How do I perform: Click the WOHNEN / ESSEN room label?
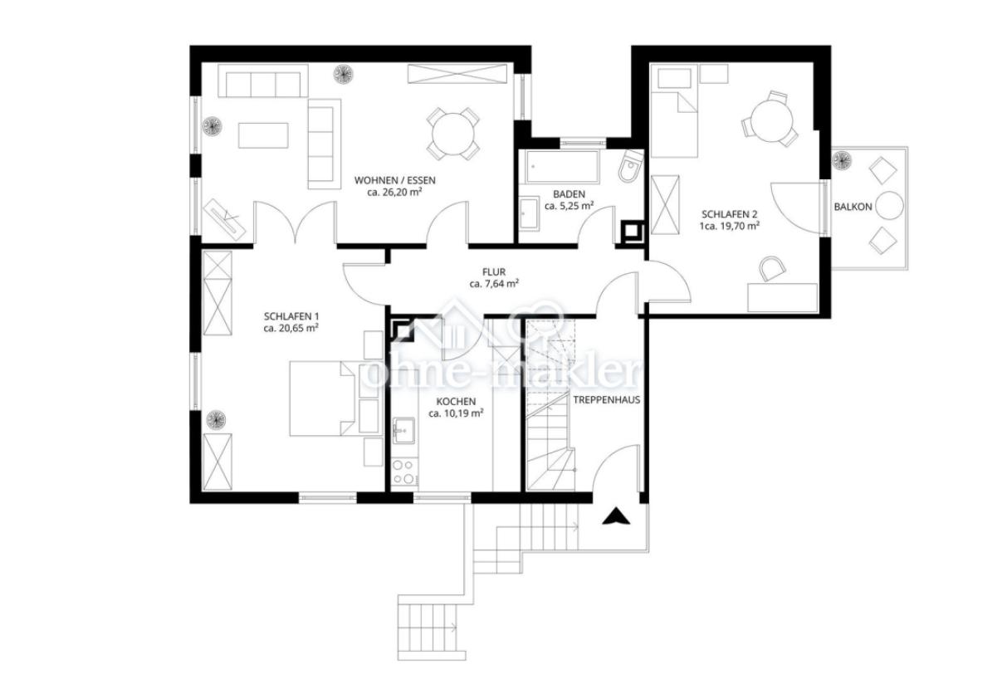coord(394,179)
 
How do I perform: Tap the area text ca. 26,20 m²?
coord(394,192)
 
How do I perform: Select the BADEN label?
coord(569,193)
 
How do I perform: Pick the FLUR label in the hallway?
coord(494,271)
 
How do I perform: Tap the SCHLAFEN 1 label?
coord(291,316)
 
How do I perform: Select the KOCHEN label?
coord(456,400)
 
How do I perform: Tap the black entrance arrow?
coord(615,517)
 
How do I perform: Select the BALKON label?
coord(853,207)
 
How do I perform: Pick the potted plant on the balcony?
coord(843,159)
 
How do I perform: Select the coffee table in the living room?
coord(263,135)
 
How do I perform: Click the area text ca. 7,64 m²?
coord(494,284)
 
